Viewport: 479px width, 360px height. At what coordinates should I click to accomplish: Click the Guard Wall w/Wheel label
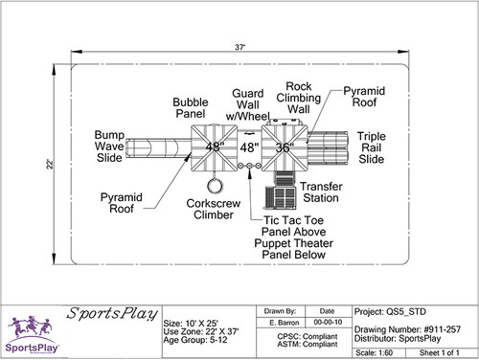250,105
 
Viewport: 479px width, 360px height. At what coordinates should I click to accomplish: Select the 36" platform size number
284,147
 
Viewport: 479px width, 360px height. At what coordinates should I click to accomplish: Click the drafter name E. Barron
285,324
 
